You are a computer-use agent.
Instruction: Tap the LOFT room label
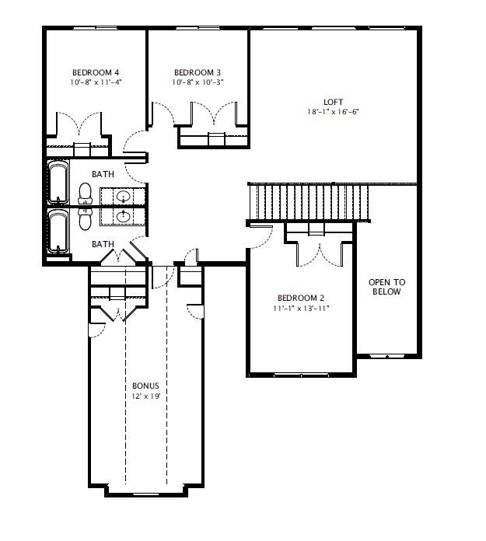click(x=333, y=102)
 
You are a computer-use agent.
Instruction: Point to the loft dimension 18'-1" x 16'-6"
click(x=333, y=112)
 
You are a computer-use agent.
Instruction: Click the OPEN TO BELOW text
click(x=386, y=287)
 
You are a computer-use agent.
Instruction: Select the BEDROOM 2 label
click(x=301, y=298)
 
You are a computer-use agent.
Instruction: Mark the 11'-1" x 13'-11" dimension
click(x=301, y=309)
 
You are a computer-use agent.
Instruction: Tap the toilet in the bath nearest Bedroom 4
click(x=84, y=191)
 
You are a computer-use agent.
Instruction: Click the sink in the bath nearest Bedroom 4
click(x=123, y=194)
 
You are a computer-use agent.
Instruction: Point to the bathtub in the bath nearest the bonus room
click(x=58, y=231)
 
